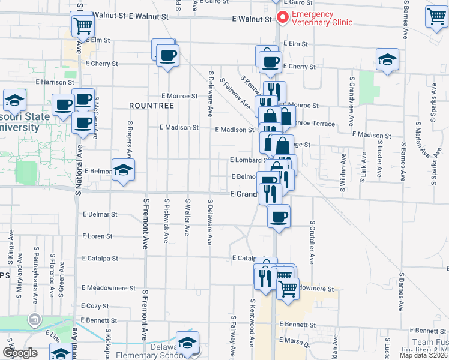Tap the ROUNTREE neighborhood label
[151, 105]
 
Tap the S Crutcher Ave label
[313, 242]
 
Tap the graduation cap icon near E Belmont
[123, 170]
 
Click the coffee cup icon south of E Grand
[278, 216]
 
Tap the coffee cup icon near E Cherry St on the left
[167, 56]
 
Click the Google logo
[20, 353]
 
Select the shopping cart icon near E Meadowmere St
[288, 288]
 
